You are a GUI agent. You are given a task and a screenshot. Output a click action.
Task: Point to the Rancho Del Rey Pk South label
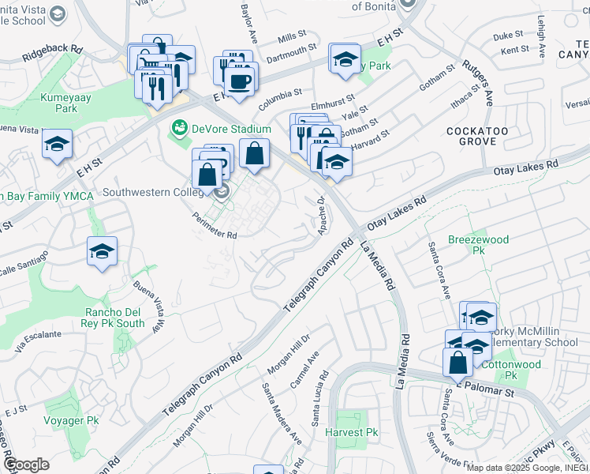click(114, 317)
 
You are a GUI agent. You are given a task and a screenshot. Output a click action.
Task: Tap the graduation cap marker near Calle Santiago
click(103, 252)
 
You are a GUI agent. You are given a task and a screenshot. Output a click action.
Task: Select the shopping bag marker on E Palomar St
click(457, 363)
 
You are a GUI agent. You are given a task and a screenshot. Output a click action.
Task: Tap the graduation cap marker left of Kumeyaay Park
click(57, 145)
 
